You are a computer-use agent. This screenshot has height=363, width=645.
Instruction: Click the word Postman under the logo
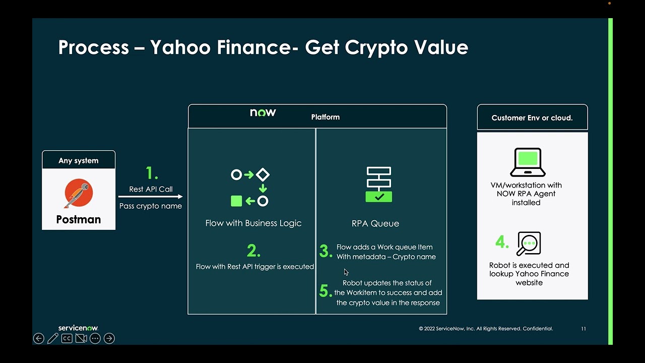[79, 219]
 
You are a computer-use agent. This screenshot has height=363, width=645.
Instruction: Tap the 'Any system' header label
[79, 160]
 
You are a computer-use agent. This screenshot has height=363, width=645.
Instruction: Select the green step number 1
[152, 173]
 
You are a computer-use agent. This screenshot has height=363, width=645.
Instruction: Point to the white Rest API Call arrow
[150, 197]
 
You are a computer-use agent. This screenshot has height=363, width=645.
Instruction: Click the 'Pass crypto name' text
[151, 206]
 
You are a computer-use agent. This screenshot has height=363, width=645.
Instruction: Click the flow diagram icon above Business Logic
[250, 188]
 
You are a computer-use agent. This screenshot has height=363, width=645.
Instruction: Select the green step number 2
[253, 251]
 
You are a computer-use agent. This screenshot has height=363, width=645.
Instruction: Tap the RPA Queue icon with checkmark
[379, 185]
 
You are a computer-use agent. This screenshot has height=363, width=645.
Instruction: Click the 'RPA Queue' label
[375, 223]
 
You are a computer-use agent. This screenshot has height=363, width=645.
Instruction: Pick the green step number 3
[325, 251]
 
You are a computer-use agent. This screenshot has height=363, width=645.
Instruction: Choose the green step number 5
[326, 291]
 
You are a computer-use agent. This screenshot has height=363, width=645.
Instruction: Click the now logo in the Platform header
[263, 112]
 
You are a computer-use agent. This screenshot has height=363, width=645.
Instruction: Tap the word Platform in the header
[326, 117]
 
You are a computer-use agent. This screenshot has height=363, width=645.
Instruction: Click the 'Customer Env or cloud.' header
[532, 117]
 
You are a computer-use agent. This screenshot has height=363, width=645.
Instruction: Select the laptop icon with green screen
[528, 162]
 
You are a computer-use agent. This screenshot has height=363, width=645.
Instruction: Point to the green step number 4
[502, 243]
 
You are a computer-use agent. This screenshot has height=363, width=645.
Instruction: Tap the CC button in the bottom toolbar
[67, 338]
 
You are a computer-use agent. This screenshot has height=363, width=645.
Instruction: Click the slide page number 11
[584, 329]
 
